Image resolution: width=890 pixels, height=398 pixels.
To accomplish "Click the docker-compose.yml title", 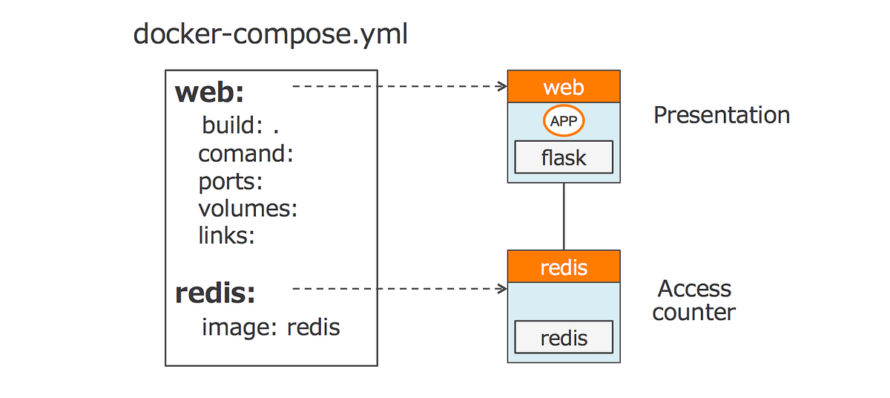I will click(270, 35).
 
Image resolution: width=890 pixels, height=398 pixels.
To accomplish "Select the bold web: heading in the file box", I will click(210, 93).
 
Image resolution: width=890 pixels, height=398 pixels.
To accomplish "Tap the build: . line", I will click(240, 125).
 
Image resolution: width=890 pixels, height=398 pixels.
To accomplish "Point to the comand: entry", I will click(246, 154).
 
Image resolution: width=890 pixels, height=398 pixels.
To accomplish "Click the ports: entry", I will click(231, 181).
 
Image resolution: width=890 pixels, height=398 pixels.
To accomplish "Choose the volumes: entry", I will click(248, 209).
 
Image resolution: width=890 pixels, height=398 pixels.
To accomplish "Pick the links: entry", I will click(226, 236).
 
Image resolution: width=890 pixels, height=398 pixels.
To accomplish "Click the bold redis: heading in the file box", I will click(215, 293).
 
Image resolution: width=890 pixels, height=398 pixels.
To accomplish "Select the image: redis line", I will click(271, 327).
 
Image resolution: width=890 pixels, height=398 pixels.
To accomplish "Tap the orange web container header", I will click(564, 87).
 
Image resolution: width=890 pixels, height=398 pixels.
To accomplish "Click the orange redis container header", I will click(564, 267).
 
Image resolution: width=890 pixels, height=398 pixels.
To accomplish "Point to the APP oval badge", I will click(564, 121).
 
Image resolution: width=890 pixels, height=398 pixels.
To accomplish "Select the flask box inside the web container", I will click(564, 157).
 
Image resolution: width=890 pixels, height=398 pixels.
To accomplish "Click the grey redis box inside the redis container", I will click(564, 338).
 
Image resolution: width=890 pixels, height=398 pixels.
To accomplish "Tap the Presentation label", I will click(721, 115).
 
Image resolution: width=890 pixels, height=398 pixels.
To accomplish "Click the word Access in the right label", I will click(694, 289).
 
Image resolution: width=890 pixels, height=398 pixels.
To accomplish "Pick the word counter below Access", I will click(693, 312).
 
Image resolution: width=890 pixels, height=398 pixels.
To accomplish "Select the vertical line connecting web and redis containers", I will click(564, 216).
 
